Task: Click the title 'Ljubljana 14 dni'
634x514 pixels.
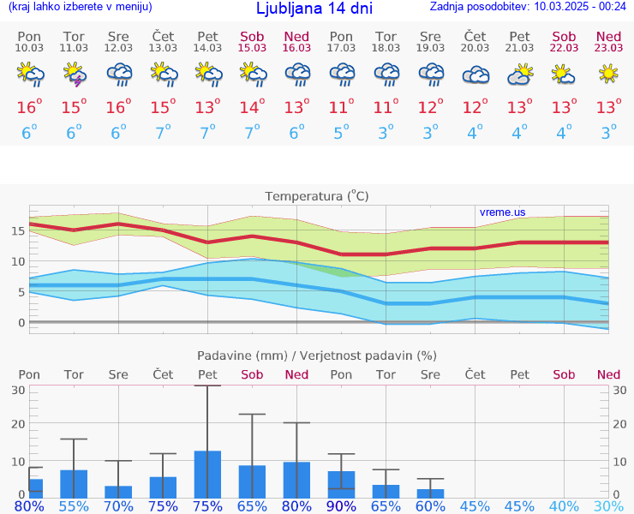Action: pyautogui.click(x=314, y=9)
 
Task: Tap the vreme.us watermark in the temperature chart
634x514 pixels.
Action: pyautogui.click(x=502, y=212)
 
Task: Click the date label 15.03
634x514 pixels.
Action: pyautogui.click(x=252, y=48)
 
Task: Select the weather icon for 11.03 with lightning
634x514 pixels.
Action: pyautogui.click(x=74, y=76)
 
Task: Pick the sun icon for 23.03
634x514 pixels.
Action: pyautogui.click(x=608, y=75)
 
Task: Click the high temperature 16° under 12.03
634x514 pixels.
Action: pyautogui.click(x=118, y=107)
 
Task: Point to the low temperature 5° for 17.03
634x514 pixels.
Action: pyautogui.click(x=341, y=133)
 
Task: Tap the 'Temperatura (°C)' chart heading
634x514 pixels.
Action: pyautogui.click(x=317, y=196)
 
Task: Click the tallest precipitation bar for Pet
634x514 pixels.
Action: pyautogui.click(x=207, y=474)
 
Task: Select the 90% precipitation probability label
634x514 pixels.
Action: pyautogui.click(x=341, y=505)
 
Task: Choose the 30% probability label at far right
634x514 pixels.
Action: pyautogui.click(x=608, y=505)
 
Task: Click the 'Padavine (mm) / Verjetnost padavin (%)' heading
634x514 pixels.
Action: pyautogui.click(x=317, y=356)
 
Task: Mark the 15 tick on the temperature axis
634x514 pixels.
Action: pyautogui.click(x=16, y=230)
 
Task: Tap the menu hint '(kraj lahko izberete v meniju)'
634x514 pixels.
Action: pyautogui.click(x=80, y=7)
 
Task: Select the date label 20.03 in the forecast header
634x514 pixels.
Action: pyautogui.click(x=475, y=48)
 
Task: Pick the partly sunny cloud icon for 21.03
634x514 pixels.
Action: pyautogui.click(x=519, y=76)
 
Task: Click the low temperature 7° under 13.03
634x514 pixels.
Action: pyautogui.click(x=163, y=133)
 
